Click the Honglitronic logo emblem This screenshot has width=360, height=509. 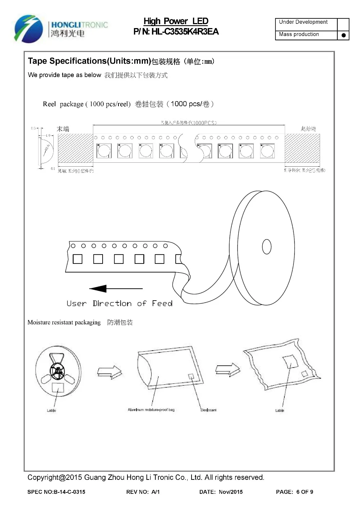(26, 28)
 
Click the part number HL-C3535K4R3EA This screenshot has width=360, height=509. (185, 32)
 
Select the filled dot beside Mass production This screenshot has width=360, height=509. (343, 35)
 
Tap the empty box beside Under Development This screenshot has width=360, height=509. (343, 24)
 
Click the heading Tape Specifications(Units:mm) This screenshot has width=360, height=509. (89, 61)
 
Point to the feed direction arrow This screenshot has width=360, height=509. (116, 288)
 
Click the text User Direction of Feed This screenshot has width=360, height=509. (120, 303)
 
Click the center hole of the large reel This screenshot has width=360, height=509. (267, 247)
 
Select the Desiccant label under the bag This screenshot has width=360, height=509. (208, 410)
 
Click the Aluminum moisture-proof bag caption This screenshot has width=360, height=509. (151, 410)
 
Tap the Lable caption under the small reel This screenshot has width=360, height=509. (51, 410)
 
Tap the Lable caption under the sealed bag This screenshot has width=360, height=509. (280, 410)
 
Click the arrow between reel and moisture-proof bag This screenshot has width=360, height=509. (110, 372)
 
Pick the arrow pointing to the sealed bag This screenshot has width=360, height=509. (228, 369)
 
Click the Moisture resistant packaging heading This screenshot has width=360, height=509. (64, 323)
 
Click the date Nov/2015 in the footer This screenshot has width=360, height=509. (230, 492)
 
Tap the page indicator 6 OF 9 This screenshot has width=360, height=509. (305, 492)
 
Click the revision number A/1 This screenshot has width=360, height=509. (156, 492)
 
